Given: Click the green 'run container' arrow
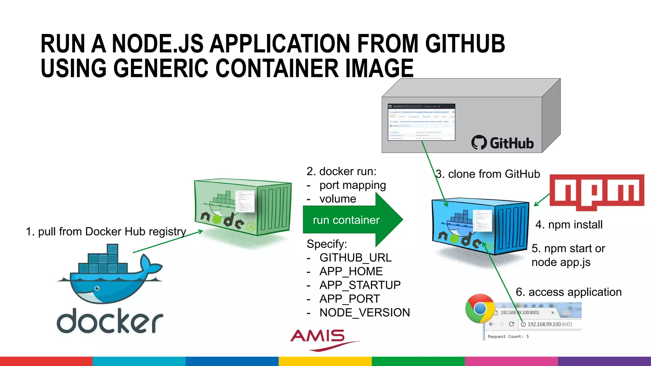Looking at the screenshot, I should click(x=346, y=220).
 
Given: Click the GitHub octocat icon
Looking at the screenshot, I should click(x=479, y=143).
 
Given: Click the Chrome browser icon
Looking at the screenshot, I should click(x=480, y=308).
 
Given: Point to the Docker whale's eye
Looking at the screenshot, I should click(x=97, y=288).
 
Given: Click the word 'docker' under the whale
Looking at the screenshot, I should click(x=110, y=321).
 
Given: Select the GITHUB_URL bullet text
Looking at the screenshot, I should click(x=355, y=258).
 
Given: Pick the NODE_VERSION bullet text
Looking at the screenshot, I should click(x=365, y=313).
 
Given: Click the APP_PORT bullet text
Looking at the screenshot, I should click(x=350, y=299).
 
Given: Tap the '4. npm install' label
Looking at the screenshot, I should click(x=569, y=225).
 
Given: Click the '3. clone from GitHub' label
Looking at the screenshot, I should click(x=488, y=174).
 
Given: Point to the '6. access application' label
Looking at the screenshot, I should click(x=568, y=292).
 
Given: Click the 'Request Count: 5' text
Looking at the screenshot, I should click(x=508, y=336).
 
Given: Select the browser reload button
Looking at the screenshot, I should click(x=511, y=324).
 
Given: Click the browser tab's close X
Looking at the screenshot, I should click(x=552, y=313).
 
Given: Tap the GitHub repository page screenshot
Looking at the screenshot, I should click(x=421, y=122).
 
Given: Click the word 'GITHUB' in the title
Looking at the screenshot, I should click(x=465, y=44).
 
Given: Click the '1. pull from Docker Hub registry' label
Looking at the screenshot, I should click(x=106, y=232).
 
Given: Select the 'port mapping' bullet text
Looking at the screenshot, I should click(x=353, y=185).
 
